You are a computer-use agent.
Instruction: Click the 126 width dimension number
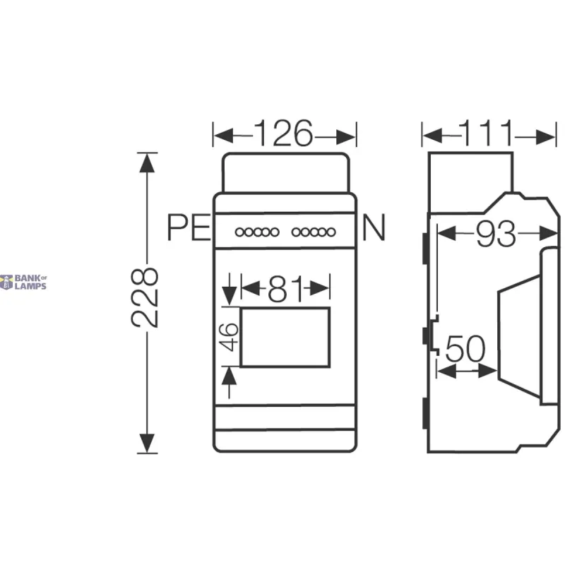[x=283, y=133]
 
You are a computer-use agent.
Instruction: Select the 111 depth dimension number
[x=487, y=133]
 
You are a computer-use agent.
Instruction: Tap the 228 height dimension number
[x=145, y=297]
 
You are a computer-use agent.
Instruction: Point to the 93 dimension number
[x=496, y=234]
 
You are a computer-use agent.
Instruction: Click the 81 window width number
[x=285, y=289]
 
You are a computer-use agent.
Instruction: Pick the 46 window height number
[x=230, y=337]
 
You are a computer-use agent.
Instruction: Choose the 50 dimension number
[x=465, y=348]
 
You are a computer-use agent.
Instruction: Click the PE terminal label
[x=189, y=227]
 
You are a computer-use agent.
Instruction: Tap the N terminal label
[x=374, y=227]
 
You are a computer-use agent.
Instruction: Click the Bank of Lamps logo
[x=23, y=282]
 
